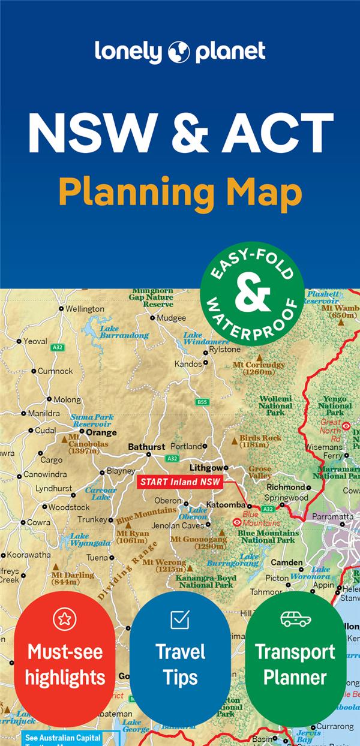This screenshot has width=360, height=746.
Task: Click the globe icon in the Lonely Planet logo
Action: tap(179, 53)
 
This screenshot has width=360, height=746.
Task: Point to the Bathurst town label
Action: tap(146, 447)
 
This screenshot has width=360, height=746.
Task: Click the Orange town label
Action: tap(101, 432)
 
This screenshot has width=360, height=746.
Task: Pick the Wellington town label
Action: tap(85, 309)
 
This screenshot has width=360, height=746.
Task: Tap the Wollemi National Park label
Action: tap(275, 405)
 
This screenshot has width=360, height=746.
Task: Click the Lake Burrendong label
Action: tap(124, 332)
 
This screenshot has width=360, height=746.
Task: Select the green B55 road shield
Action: tap(203, 402)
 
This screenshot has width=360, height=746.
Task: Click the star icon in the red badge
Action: tap(65, 619)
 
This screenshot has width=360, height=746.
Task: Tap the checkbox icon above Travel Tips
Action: tap(180, 619)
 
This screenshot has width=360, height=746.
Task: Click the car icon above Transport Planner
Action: tap(296, 619)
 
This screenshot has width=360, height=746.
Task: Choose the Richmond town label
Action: tap(286, 487)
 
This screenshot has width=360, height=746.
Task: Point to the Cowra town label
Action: tap(38, 522)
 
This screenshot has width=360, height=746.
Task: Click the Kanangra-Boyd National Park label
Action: tap(206, 581)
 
